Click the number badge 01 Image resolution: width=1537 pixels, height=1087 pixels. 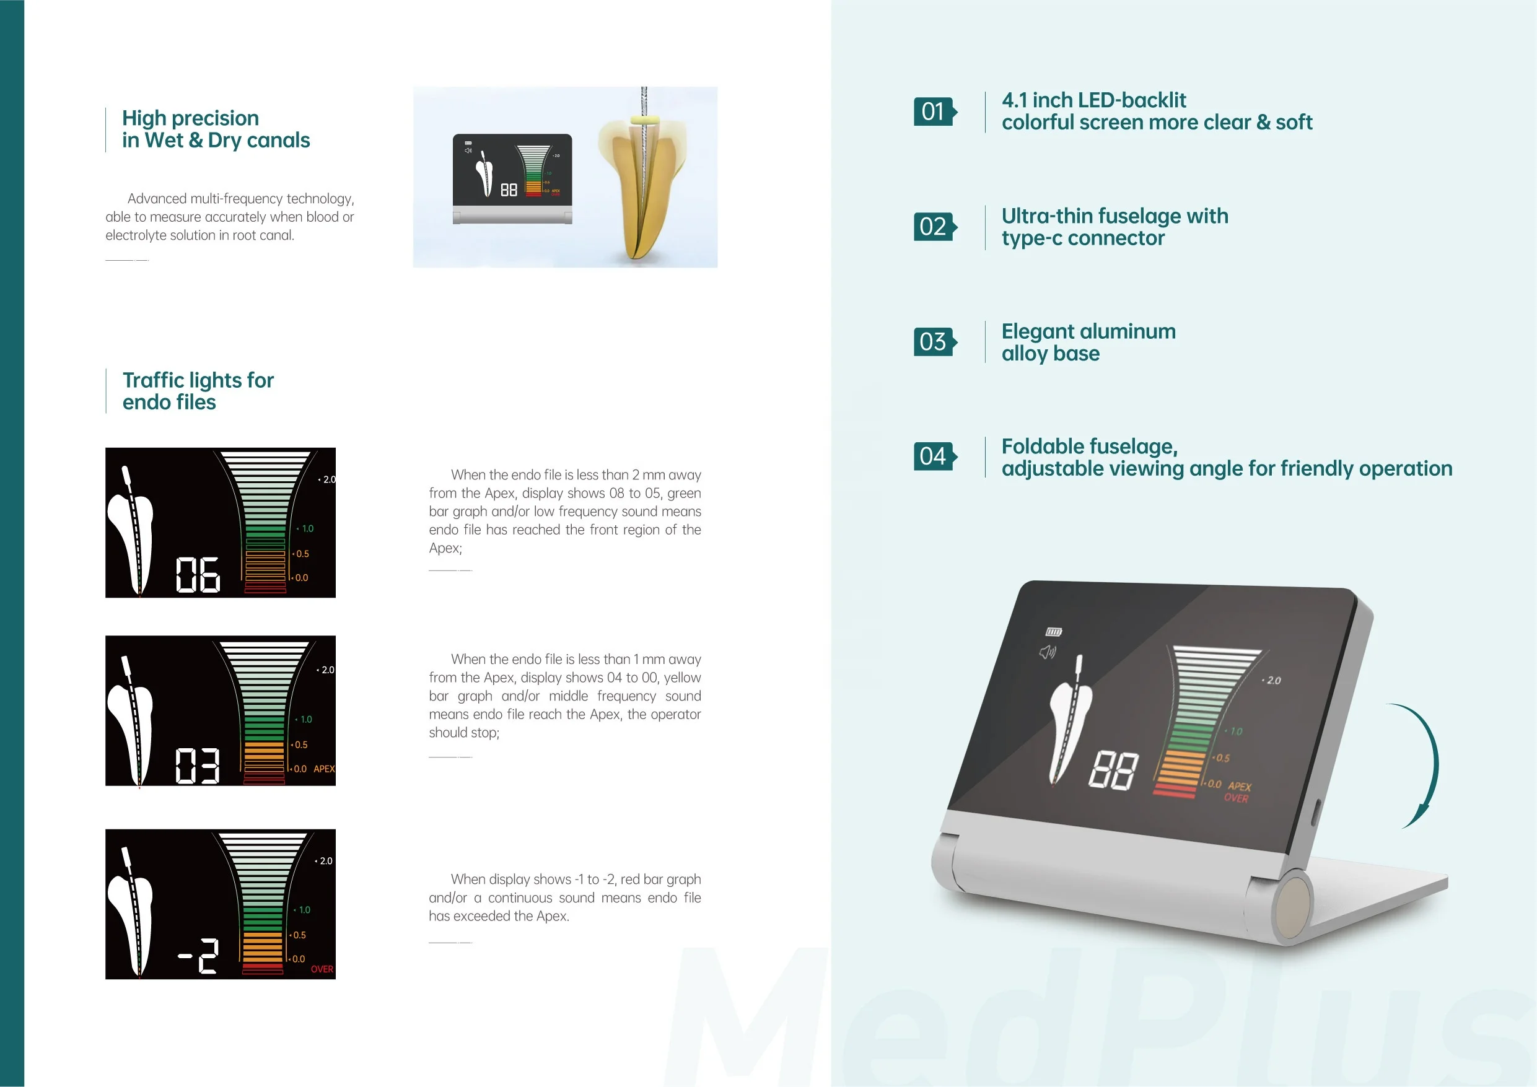[934, 111]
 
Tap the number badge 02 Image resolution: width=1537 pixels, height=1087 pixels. [934, 226]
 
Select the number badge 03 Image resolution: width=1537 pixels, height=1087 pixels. [934, 341]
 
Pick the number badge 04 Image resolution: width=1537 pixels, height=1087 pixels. [934, 456]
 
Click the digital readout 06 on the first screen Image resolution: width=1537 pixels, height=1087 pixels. [198, 575]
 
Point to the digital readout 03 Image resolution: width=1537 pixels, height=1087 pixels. [198, 766]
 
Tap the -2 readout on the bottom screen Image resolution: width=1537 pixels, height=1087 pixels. [199, 956]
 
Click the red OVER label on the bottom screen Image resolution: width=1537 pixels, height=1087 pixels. [322, 969]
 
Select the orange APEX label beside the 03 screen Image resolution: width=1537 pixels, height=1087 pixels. [324, 769]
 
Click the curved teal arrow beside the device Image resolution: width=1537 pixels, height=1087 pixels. [1424, 763]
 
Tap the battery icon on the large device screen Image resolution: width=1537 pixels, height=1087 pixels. [1054, 632]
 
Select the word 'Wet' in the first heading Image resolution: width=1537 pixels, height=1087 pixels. [164, 141]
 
